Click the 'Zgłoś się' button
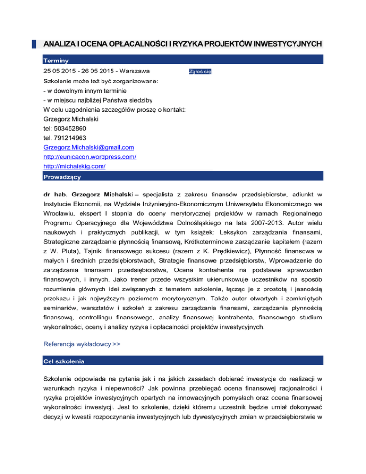tap(200, 72)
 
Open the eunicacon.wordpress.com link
tap(90, 157)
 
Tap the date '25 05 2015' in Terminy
tap(60, 72)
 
